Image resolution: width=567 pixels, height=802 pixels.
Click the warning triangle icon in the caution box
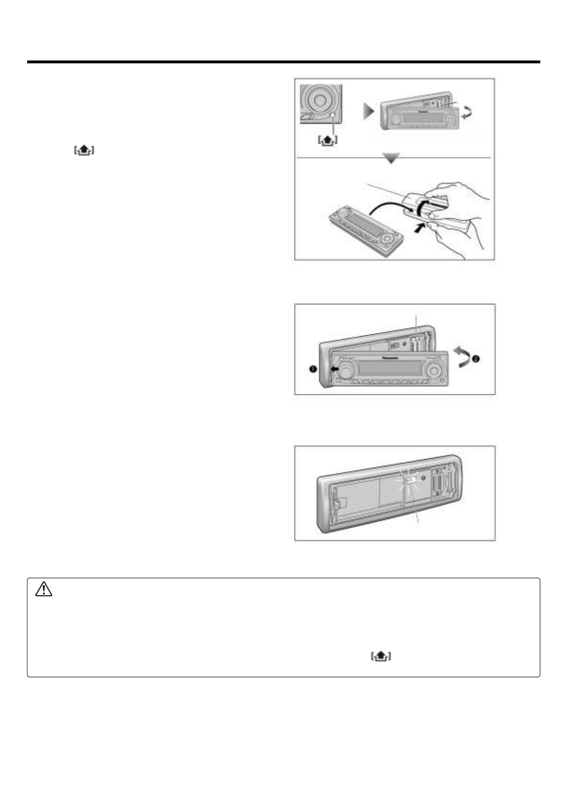43,591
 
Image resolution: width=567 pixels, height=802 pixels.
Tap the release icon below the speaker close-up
327,140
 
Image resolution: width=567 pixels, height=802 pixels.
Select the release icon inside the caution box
381,657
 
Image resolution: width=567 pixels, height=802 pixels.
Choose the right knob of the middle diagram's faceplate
434,370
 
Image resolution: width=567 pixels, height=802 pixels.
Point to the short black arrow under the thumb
418,228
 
